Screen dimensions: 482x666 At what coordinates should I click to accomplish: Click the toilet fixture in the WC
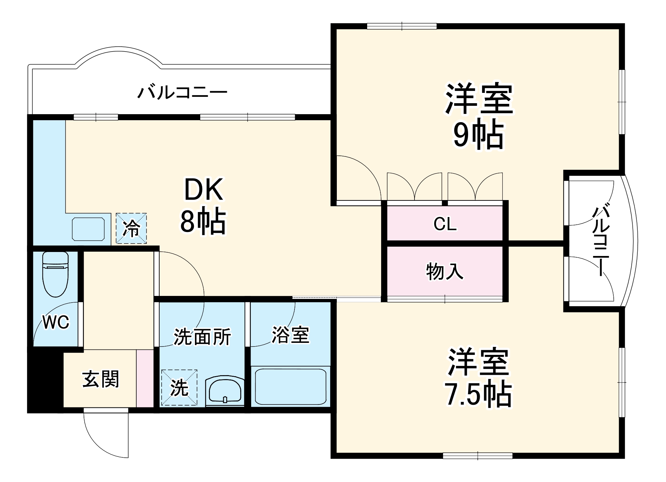pyautogui.click(x=55, y=274)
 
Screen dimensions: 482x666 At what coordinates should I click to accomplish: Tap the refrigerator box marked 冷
pyautogui.click(x=131, y=228)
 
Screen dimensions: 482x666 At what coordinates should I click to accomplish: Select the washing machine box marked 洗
pyautogui.click(x=179, y=387)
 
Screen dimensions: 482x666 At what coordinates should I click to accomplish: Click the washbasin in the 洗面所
pyautogui.click(x=225, y=391)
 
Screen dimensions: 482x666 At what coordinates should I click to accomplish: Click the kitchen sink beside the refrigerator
pyautogui.click(x=88, y=229)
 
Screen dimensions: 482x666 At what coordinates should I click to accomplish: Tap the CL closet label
pyautogui.click(x=444, y=224)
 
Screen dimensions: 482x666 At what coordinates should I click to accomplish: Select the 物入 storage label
pyautogui.click(x=444, y=271)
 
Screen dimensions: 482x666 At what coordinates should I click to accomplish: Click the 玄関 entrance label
pyautogui.click(x=100, y=379)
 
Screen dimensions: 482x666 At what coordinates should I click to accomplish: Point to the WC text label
pyautogui.click(x=56, y=322)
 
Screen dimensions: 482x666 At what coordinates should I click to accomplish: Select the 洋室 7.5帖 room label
pyautogui.click(x=478, y=378)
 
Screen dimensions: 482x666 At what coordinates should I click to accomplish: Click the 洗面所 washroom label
pyautogui.click(x=202, y=337)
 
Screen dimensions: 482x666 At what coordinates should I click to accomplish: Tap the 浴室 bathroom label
pyautogui.click(x=291, y=335)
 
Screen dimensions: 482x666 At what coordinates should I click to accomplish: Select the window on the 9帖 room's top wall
pyautogui.click(x=402, y=26)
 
